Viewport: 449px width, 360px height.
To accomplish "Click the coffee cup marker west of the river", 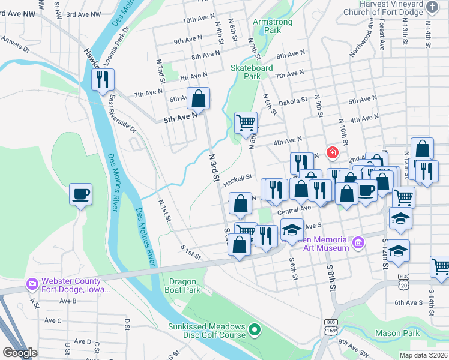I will click(80, 194).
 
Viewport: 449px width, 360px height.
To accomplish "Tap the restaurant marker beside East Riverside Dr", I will click(103, 79).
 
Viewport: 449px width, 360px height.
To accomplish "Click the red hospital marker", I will click(331, 153).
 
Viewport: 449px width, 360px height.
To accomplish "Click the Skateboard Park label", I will click(246, 72).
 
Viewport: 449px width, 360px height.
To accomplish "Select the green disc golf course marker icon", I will click(255, 329).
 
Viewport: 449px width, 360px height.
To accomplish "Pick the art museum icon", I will click(358, 242).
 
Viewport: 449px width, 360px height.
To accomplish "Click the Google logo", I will click(20, 353).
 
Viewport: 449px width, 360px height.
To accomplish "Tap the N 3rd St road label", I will click(214, 165).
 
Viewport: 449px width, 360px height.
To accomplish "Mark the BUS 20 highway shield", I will click(403, 281).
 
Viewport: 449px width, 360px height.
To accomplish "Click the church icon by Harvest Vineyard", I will click(432, 7).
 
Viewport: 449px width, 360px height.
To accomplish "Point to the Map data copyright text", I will click(423, 355).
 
